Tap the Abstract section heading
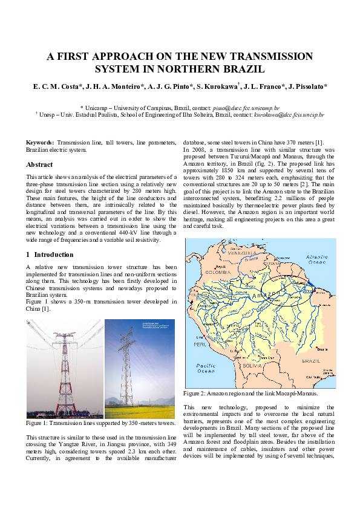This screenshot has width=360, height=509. (x=39, y=164)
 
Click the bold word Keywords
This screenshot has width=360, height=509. (x=40, y=142)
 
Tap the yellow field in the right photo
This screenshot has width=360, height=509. (x=139, y=411)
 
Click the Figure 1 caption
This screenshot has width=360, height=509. (x=101, y=423)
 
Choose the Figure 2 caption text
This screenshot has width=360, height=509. (x=250, y=393)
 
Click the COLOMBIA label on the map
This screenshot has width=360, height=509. (x=203, y=273)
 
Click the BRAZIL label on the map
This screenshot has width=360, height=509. (x=310, y=360)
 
